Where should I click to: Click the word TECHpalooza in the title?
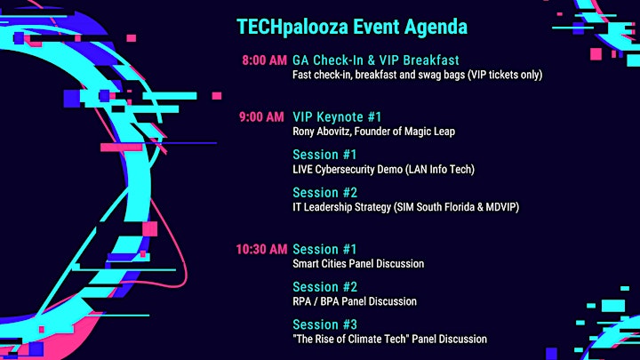pos(292,28)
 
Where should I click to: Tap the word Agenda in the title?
pos(436,28)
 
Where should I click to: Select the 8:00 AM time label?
pos(265,60)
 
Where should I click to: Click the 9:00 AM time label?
pos(261,117)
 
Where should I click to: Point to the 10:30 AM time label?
pos(261,250)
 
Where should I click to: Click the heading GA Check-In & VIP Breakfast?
pos(376,60)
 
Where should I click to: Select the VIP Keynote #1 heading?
pos(337,117)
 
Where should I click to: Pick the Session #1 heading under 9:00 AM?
pos(325,155)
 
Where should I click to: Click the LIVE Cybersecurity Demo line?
pos(384,170)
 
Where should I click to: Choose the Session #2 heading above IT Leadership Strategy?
pos(325,193)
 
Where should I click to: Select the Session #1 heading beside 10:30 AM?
pos(325,250)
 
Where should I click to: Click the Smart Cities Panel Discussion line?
pos(358,264)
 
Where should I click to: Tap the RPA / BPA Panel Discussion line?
pos(355,301)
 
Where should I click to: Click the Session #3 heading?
pos(325,325)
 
